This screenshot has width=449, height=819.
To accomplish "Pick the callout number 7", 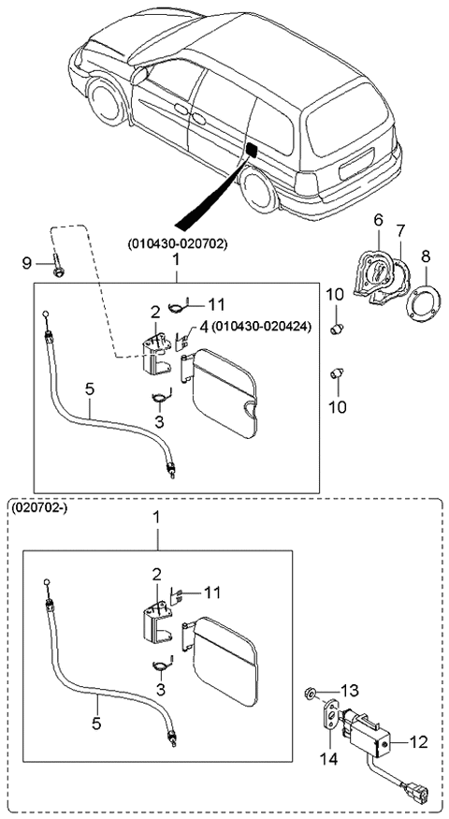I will tap(400, 229).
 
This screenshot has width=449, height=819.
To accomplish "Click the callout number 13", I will tap(350, 690).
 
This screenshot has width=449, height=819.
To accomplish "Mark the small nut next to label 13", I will tap(310, 695).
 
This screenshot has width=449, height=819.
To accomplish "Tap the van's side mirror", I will tap(142, 72).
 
